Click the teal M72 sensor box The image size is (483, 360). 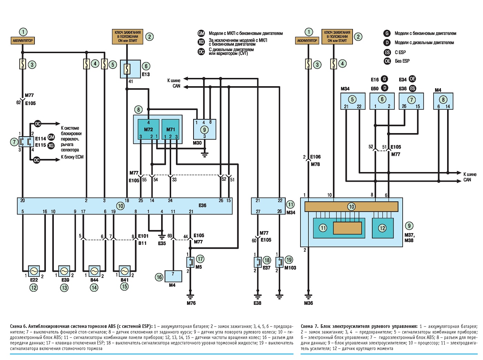click(148, 129)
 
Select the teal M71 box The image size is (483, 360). click(170, 129)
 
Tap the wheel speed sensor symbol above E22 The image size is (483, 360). click(34, 271)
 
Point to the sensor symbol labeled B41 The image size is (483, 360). click(124, 271)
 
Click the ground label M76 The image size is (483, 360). click(191, 303)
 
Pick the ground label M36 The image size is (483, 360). click(308, 303)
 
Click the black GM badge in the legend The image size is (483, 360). click(201, 33)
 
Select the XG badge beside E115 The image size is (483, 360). click(51, 146)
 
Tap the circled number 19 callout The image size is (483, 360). click(289, 260)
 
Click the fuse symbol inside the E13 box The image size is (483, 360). click(127, 69)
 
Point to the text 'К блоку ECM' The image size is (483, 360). click(72, 157)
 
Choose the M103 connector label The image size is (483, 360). click(290, 268)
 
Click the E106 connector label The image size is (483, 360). click(315, 157)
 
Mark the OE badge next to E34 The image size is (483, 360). click(412, 79)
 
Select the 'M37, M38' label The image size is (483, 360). click(409, 238)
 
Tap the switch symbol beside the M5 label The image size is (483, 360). click(190, 262)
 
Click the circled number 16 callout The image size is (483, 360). click(159, 277)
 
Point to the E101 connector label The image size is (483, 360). click(143, 236)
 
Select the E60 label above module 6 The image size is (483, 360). click(375, 89)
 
